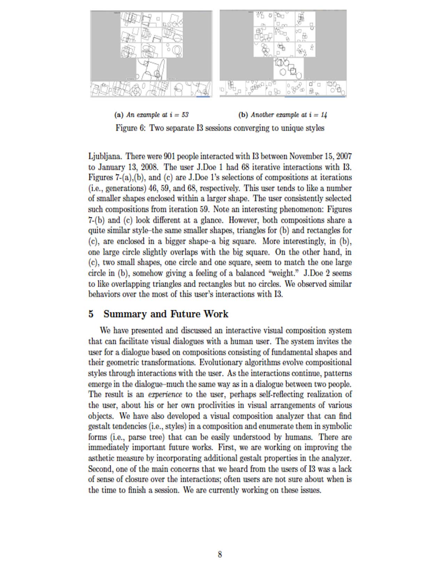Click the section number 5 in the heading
pos(91,314)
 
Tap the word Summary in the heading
pos(125,314)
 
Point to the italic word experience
pos(165,395)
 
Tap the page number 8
pos(220,554)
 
